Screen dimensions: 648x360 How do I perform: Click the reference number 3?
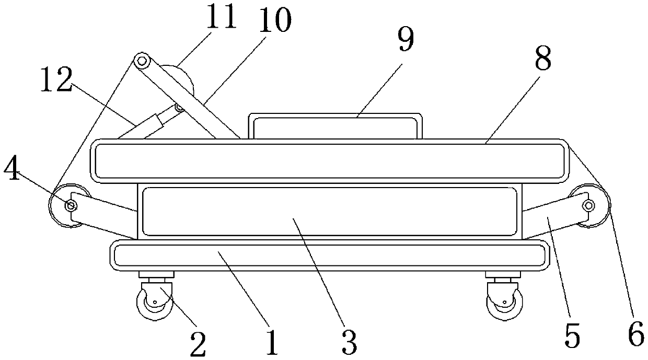349,343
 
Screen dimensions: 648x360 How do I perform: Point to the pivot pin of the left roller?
70,205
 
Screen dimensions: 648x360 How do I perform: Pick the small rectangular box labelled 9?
335,126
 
